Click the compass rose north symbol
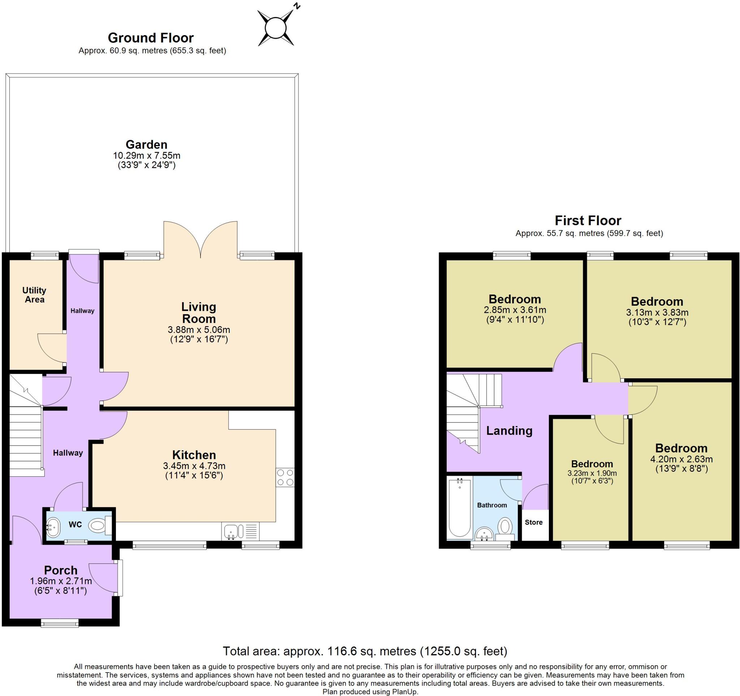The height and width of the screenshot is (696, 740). click(x=276, y=28)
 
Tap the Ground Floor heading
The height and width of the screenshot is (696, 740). click(x=151, y=38)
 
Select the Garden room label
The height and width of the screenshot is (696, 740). click(x=146, y=145)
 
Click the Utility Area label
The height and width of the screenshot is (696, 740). click(x=34, y=295)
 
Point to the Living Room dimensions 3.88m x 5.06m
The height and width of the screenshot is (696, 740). click(x=199, y=330)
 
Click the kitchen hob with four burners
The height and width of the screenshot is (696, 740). click(x=285, y=477)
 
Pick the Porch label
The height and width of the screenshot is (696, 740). click(x=61, y=570)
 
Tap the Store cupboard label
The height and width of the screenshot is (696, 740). click(x=533, y=522)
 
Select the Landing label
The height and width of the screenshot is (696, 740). click(x=509, y=431)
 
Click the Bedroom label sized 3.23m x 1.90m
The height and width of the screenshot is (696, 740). click(x=592, y=464)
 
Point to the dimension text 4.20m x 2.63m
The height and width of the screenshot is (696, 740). click(x=681, y=459)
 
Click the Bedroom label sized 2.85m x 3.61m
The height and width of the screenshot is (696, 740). click(x=515, y=299)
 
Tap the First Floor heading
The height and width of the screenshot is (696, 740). click(x=588, y=221)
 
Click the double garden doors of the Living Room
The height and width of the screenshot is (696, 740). click(x=201, y=240)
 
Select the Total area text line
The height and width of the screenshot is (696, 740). click(x=365, y=651)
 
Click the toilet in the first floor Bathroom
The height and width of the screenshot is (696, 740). click(x=505, y=527)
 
